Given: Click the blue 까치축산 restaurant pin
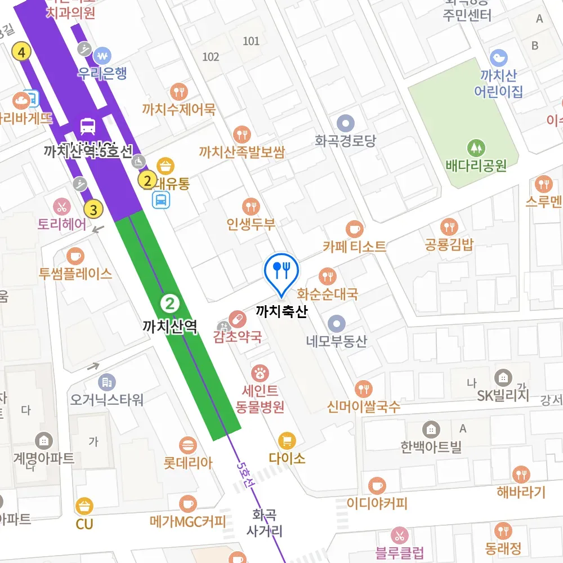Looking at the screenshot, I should (280, 270).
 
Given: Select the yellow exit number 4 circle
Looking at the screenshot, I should (21, 53).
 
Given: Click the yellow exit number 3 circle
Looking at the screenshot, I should (93, 211).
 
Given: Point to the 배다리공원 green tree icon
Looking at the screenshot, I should (476, 148).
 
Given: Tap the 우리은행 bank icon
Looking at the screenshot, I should (102, 56).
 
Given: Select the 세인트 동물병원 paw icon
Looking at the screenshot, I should (260, 372).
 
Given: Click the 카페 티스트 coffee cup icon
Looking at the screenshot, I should (354, 229).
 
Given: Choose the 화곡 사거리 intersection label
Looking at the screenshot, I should (264, 522).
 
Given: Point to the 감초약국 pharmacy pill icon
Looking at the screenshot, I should (238, 320).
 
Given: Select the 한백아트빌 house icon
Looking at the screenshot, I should (431, 430).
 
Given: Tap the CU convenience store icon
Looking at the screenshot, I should (84, 506).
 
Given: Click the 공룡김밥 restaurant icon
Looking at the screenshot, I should (449, 227).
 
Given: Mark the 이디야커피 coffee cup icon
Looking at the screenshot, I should (377, 485).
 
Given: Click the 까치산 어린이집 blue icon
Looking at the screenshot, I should (498, 58).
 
